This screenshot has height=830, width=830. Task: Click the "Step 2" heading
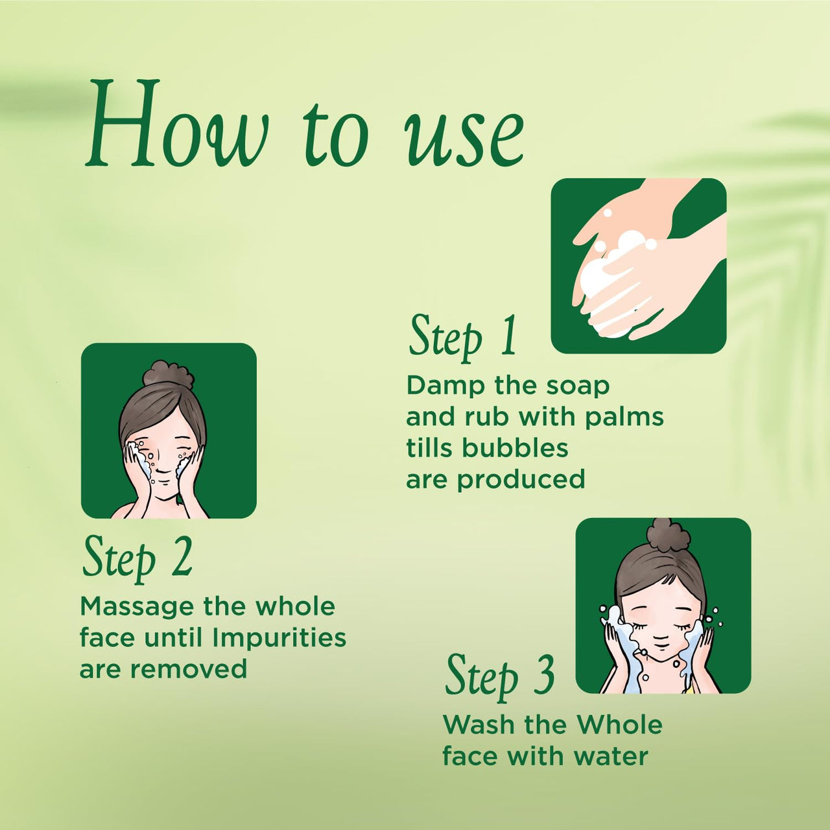[x=137, y=559]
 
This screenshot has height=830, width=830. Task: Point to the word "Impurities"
[x=279, y=638]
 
